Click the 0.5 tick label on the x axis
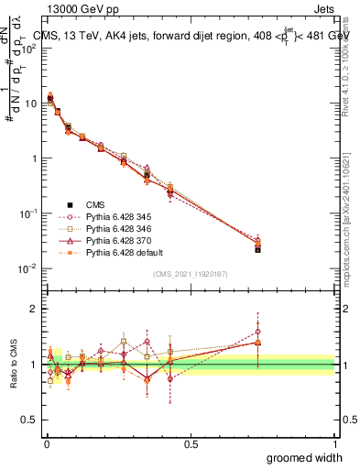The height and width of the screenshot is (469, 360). click(x=191, y=443)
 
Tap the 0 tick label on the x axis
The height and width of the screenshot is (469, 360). click(x=46, y=443)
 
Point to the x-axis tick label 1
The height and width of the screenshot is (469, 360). click(x=335, y=443)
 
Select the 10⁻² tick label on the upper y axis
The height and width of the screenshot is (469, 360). click(x=28, y=268)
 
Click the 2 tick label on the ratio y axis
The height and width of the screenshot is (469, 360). click(x=35, y=309)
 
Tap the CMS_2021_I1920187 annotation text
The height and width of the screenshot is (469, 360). click(x=190, y=274)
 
